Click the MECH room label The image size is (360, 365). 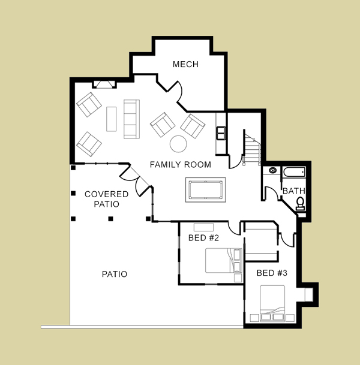(185, 64)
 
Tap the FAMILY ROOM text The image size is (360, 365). (181, 165)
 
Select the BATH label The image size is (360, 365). (293, 191)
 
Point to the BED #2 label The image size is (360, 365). (203, 238)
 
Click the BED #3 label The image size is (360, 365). (272, 273)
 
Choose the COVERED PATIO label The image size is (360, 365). (106, 199)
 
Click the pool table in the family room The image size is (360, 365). (206, 190)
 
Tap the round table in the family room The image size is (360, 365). (178, 144)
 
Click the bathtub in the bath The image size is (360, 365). (294, 172)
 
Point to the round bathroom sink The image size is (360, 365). (272, 170)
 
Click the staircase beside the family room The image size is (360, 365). (252, 148)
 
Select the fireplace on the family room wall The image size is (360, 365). (104, 85)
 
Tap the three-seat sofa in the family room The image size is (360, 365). (131, 119)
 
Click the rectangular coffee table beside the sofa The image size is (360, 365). (112, 119)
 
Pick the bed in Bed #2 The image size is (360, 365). (223, 261)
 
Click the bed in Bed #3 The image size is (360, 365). (272, 303)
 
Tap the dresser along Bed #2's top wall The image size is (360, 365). (203, 227)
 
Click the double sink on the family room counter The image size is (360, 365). (221, 133)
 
